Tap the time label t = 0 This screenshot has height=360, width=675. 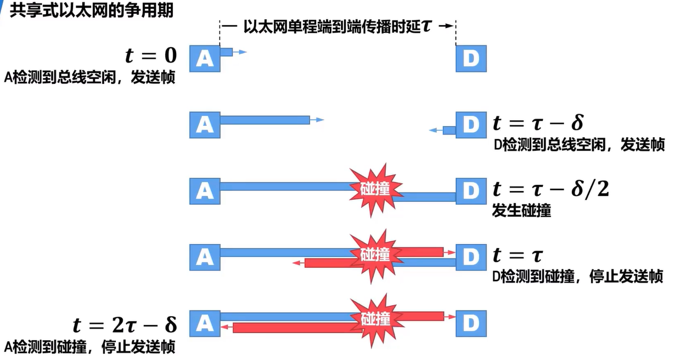[x=150, y=55]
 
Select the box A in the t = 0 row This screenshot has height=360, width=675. [x=205, y=58]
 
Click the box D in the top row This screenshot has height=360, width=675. [x=471, y=58]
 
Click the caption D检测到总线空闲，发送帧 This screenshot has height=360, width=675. [x=579, y=145]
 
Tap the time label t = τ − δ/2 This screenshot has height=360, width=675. [x=550, y=189]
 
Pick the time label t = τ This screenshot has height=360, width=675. [x=517, y=255]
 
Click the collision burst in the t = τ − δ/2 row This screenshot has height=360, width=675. [x=375, y=189]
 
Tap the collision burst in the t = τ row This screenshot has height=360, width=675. [x=375, y=255]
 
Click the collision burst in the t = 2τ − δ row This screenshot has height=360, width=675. [x=375, y=319]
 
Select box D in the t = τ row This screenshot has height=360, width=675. [x=471, y=256]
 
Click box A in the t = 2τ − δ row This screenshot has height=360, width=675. [x=205, y=323]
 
